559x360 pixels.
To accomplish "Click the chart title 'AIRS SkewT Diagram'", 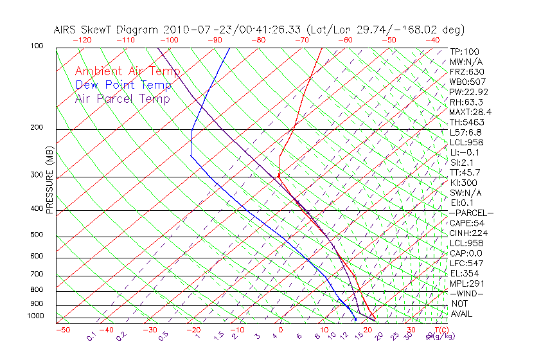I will click(107, 30).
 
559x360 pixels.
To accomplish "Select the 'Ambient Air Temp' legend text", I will click(127, 71).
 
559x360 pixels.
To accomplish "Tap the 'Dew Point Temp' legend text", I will click(123, 85).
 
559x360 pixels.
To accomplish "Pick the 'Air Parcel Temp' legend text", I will click(122, 98).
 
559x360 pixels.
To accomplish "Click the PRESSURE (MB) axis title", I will click(50, 180).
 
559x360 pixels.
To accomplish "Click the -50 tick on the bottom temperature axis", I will click(63, 330).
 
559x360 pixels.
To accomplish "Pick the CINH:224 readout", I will click(467, 233).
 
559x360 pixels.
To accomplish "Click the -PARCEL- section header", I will click(471, 213).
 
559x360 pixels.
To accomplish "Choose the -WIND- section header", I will click(466, 293).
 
